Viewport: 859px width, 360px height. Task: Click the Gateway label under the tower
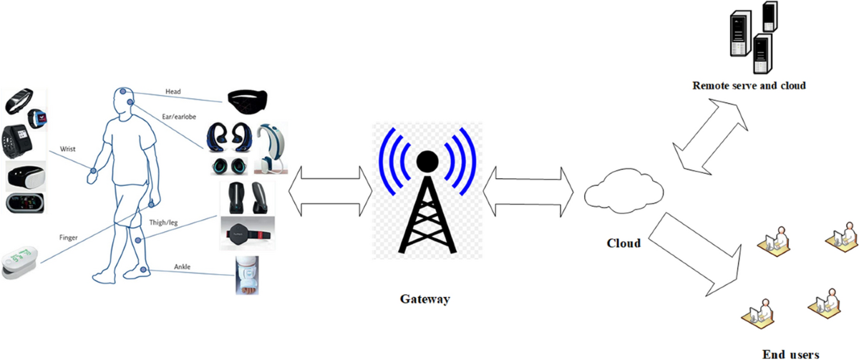click(x=425, y=299)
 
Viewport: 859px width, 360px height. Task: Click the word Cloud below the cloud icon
click(x=623, y=243)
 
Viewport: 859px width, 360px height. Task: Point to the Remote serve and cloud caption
click(x=749, y=85)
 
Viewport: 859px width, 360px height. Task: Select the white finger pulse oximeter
click(x=20, y=263)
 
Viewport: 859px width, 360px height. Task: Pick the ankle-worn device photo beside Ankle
click(x=246, y=276)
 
